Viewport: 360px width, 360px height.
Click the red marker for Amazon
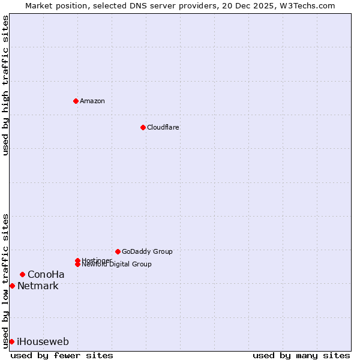tap(76, 101)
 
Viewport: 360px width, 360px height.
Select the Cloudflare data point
tap(143, 127)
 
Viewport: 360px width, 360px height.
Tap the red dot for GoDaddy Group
tap(118, 251)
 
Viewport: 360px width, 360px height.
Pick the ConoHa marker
tap(22, 274)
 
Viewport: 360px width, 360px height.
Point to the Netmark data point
tap(12, 286)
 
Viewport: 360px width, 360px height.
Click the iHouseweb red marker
tap(11, 341)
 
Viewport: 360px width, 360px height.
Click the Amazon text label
tap(92, 101)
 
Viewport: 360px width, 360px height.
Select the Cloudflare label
tap(163, 127)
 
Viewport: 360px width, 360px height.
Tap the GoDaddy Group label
tap(147, 251)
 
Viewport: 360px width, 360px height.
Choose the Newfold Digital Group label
tap(116, 264)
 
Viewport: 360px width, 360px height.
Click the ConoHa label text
tap(46, 275)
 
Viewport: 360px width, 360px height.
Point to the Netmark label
tap(38, 286)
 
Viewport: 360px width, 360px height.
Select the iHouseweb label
tap(43, 342)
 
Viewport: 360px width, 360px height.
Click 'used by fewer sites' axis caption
tap(62, 355)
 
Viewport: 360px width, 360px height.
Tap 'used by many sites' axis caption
tap(301, 355)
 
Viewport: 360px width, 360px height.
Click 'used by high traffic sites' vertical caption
tap(5, 85)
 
